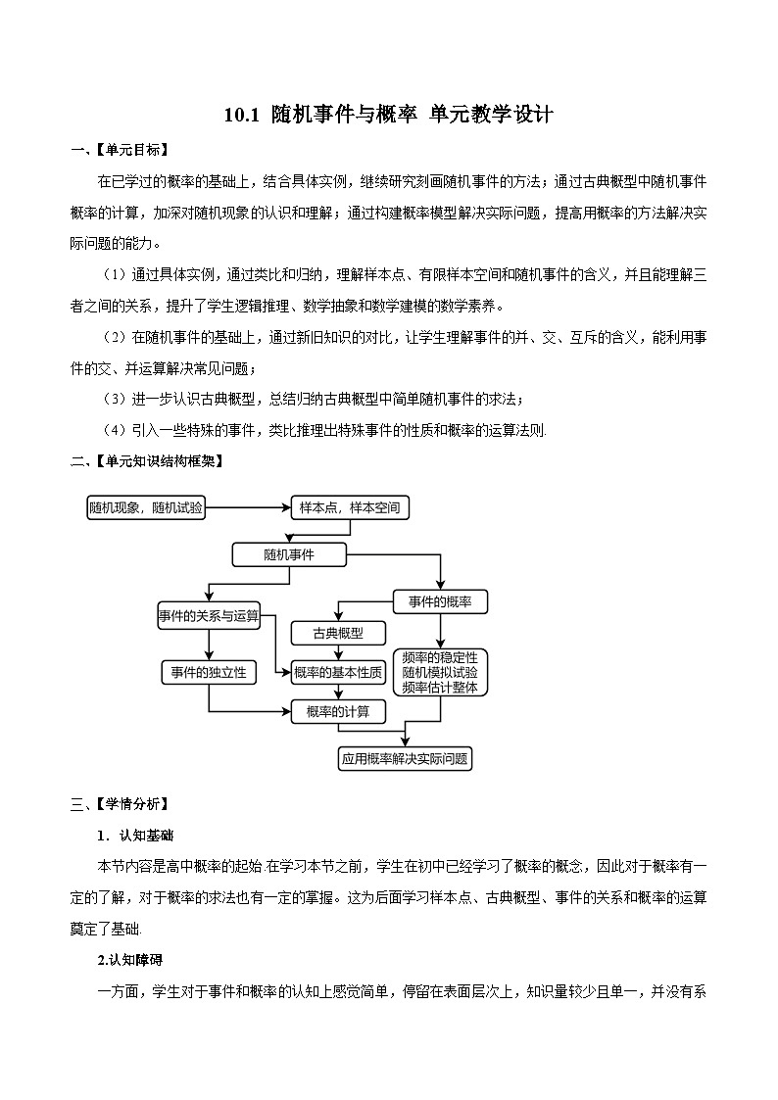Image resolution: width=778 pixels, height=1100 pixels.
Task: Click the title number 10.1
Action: click(x=241, y=115)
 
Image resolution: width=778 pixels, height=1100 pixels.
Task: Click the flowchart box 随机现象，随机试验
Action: click(x=146, y=507)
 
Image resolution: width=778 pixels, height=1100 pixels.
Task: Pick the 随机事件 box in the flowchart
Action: click(x=289, y=555)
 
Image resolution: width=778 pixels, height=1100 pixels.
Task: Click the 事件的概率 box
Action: click(x=440, y=600)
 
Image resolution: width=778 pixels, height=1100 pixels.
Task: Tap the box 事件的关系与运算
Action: click(x=209, y=616)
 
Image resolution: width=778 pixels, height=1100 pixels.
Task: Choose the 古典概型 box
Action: click(x=338, y=633)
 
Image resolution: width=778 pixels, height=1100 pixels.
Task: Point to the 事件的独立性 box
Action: click(x=209, y=672)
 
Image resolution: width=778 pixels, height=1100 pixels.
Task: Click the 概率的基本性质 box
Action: click(x=338, y=672)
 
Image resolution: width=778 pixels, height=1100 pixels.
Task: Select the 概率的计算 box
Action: click(x=338, y=712)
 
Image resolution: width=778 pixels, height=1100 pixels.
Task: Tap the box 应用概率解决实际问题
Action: click(x=405, y=758)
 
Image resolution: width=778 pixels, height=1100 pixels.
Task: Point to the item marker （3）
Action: click(x=116, y=399)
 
